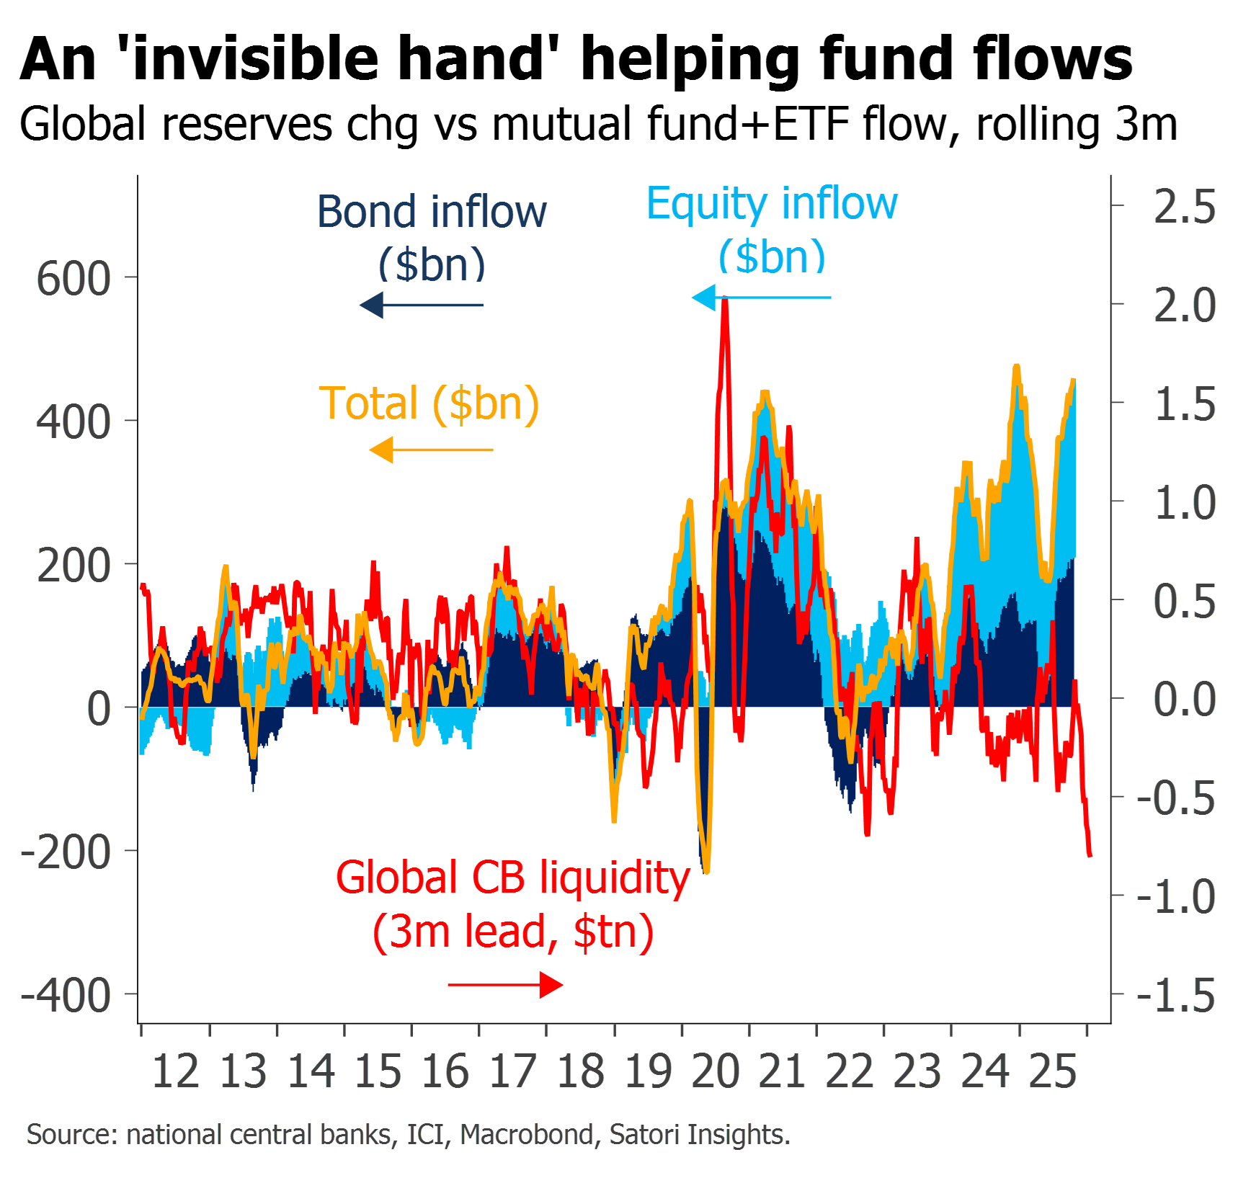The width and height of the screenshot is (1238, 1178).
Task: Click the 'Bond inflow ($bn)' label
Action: [x=432, y=238]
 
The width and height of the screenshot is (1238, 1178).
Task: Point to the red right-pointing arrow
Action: [x=506, y=985]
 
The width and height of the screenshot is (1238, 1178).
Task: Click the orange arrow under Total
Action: [x=431, y=450]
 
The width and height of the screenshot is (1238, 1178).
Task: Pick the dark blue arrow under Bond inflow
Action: [x=422, y=305]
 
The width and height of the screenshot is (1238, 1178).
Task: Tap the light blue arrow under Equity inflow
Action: [x=761, y=297]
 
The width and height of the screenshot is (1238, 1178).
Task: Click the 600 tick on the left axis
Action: [x=74, y=279]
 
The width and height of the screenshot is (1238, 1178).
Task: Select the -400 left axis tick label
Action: [x=66, y=996]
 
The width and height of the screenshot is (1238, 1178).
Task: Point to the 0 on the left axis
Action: [x=99, y=709]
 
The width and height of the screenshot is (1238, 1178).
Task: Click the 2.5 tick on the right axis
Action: [x=1185, y=207]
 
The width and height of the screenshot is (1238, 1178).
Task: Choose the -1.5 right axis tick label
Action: [x=1176, y=996]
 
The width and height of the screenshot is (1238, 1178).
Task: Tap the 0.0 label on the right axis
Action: [x=1185, y=700]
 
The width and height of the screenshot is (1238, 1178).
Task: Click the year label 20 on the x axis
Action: [x=716, y=1071]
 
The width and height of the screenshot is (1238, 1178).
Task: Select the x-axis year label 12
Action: [x=176, y=1071]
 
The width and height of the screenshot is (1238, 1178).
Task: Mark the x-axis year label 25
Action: [x=1053, y=1071]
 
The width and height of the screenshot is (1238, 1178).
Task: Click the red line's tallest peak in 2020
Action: [x=725, y=303]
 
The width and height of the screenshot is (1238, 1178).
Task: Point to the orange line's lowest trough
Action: [x=707, y=871]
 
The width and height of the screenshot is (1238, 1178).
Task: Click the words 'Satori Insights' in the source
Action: [x=699, y=1135]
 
